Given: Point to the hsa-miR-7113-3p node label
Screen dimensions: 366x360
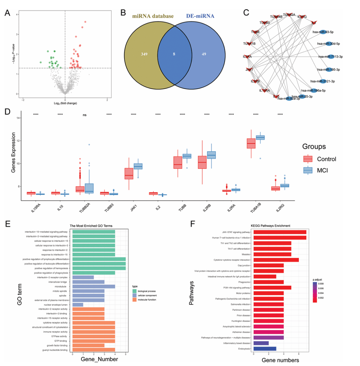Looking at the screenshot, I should pos(330,57).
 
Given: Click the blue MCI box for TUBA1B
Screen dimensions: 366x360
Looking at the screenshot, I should pos(260,137).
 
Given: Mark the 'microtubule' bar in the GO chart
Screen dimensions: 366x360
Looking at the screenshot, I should pos(94,286).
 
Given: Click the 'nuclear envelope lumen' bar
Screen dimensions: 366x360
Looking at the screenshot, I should pos(78,305).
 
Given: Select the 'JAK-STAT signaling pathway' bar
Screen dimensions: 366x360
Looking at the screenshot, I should pos(280,232).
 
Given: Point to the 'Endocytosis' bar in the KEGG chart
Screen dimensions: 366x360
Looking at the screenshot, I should pos(265,349).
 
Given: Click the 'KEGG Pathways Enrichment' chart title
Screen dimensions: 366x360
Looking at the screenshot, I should pos(280,226).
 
